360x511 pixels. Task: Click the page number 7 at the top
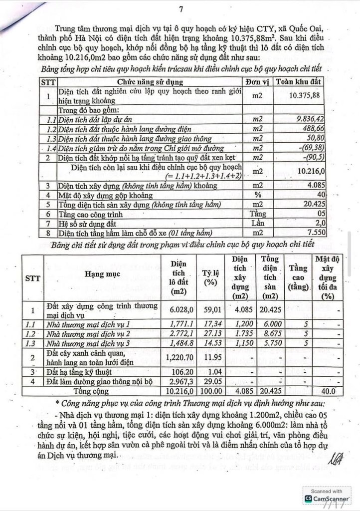point(180,8)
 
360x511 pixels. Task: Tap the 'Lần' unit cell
point(257,224)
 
